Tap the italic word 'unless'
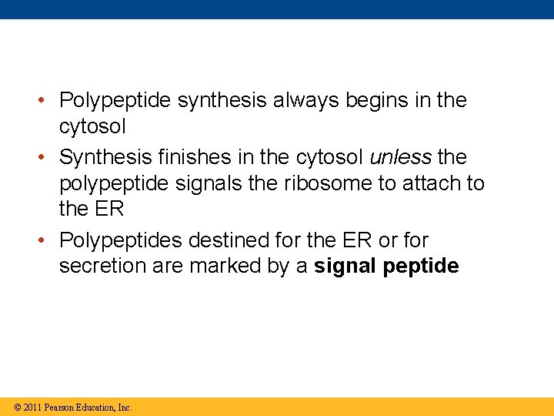tap(400, 157)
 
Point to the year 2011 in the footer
tap(32, 407)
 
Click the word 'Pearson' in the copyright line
tap(60, 407)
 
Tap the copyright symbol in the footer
tap(16, 407)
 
